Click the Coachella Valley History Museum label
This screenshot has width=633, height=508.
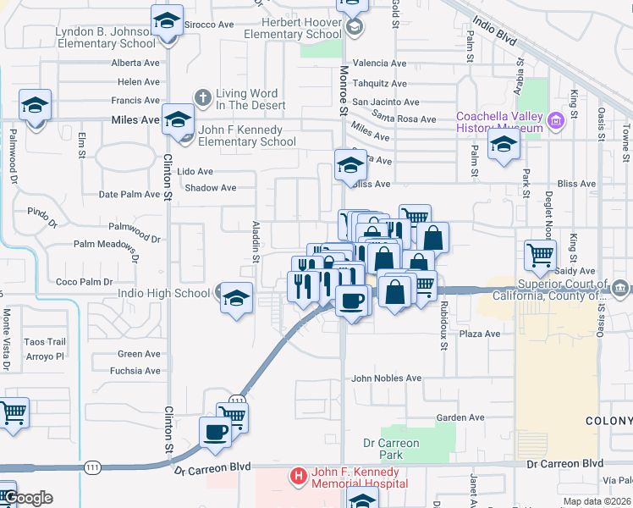[x=499, y=122]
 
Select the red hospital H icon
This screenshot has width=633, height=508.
[x=297, y=477]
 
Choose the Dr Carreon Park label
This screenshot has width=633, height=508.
[x=391, y=449]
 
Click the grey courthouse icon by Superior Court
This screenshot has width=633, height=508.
[x=620, y=289]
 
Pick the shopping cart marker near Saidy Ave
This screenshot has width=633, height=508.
[x=540, y=254]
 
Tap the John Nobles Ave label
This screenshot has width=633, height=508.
[x=386, y=378]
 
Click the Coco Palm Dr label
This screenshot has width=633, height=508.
[x=78, y=282]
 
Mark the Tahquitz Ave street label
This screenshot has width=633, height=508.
[x=379, y=83]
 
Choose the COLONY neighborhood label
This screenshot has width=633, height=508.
[x=608, y=421]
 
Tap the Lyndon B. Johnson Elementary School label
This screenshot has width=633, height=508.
[x=105, y=37]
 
